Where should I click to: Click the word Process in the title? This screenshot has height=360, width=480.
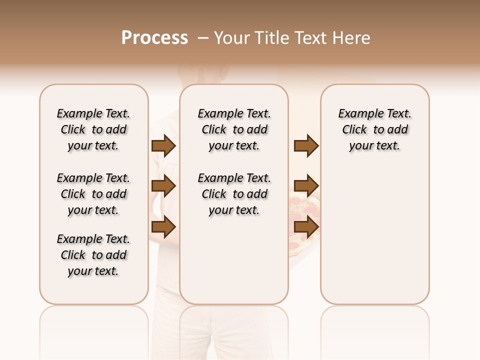[154, 38]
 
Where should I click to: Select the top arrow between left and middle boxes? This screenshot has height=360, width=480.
[163, 146]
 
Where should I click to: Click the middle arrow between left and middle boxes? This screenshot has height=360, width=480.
[163, 186]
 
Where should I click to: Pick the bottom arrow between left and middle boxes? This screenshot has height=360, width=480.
[163, 227]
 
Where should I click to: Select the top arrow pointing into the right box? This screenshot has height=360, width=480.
[306, 146]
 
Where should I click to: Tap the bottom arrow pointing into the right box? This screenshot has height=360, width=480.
[306, 227]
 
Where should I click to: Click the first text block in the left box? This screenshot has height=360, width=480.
[93, 129]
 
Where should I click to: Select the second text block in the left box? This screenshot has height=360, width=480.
[93, 194]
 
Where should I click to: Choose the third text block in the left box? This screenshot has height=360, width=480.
[93, 255]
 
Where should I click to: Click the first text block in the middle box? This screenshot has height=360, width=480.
[234, 129]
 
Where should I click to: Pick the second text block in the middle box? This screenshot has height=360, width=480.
[234, 194]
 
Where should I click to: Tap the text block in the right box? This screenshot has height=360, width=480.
[374, 129]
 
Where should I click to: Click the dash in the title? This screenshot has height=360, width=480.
[202, 38]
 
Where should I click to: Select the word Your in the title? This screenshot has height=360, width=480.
[231, 38]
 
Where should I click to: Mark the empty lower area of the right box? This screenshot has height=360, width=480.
[374, 235]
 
